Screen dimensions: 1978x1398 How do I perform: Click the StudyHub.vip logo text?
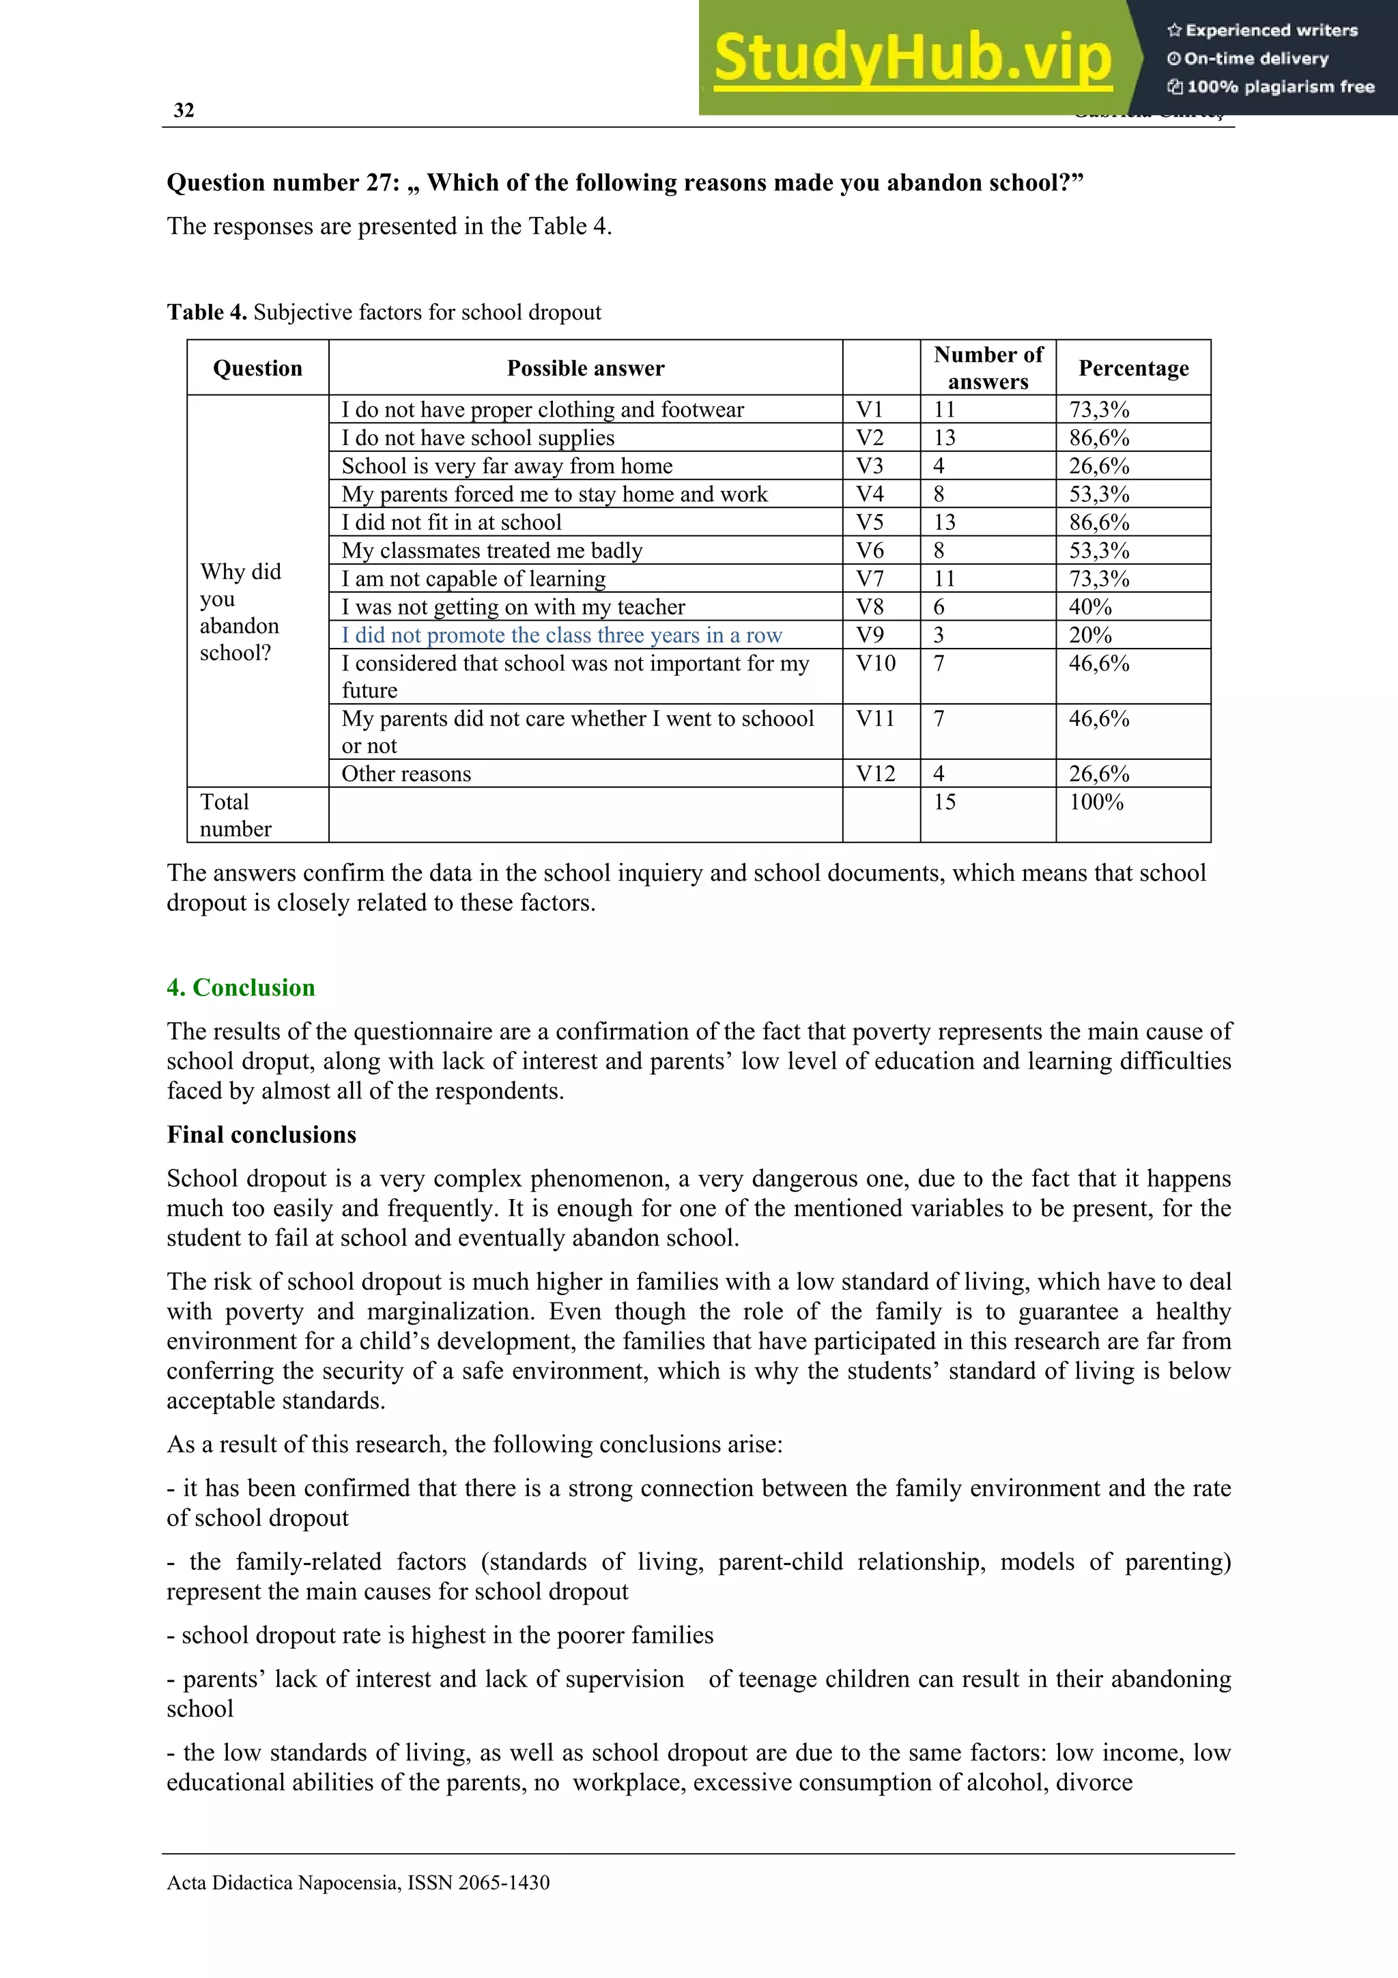pyautogui.click(x=913, y=58)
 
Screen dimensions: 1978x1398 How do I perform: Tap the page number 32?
pyautogui.click(x=184, y=111)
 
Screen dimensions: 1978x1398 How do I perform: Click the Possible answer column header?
pyautogui.click(x=585, y=369)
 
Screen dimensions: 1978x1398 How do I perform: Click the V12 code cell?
pyautogui.click(x=874, y=774)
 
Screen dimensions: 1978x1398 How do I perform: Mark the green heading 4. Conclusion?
pyautogui.click(x=240, y=987)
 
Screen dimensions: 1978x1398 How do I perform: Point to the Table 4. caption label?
pyautogui.click(x=207, y=312)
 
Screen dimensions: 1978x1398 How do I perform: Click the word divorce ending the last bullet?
pyautogui.click(x=1094, y=1781)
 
